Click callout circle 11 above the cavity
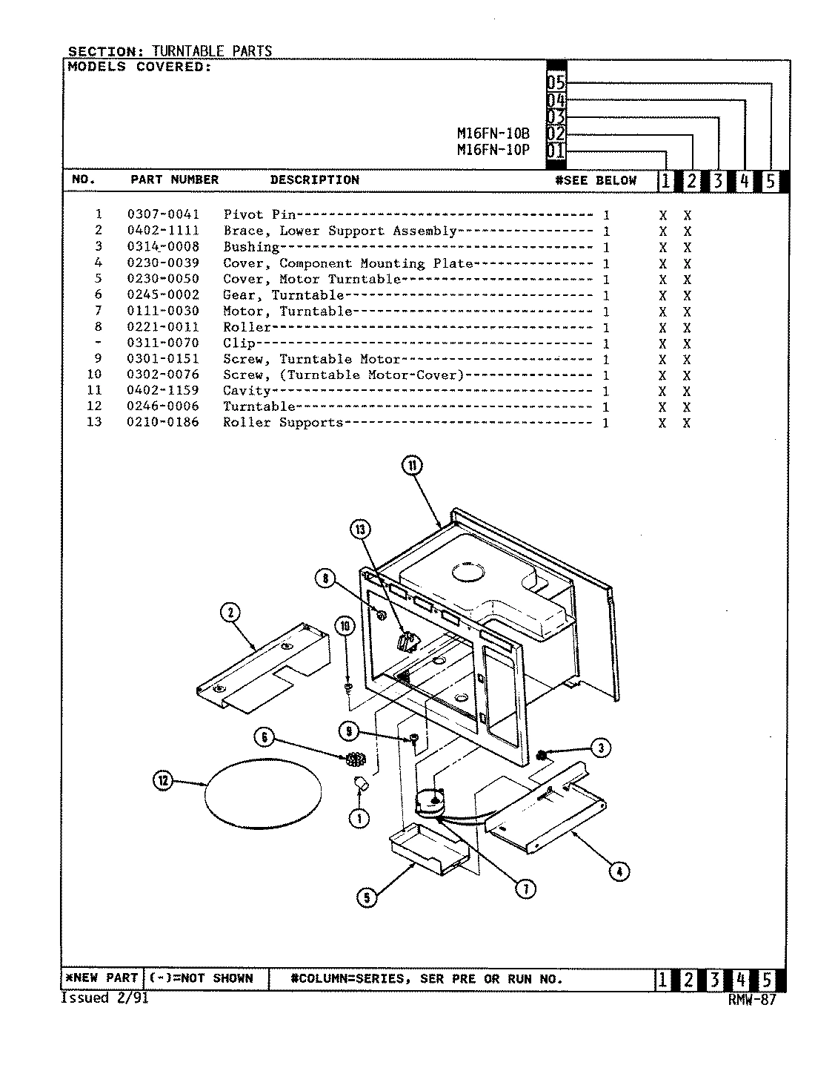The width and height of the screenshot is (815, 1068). point(413,466)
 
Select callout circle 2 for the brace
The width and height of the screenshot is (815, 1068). point(230,612)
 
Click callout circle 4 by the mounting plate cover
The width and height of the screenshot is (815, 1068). point(619,871)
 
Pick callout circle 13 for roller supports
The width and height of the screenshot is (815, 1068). point(361,530)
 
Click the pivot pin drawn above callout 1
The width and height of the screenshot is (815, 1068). point(362,784)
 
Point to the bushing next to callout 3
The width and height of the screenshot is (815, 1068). point(542,755)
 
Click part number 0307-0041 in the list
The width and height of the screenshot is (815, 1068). point(163,214)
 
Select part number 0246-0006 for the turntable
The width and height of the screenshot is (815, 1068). point(163,406)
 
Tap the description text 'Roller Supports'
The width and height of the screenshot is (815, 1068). point(283,423)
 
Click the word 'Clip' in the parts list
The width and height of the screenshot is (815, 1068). point(239,343)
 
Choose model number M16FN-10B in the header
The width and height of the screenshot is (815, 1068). point(493,134)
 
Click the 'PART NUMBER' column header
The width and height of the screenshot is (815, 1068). point(175,179)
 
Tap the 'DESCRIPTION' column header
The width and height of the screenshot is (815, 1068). point(314,179)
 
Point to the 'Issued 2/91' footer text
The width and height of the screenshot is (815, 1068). point(104,998)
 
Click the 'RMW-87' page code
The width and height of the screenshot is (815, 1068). point(751,999)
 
